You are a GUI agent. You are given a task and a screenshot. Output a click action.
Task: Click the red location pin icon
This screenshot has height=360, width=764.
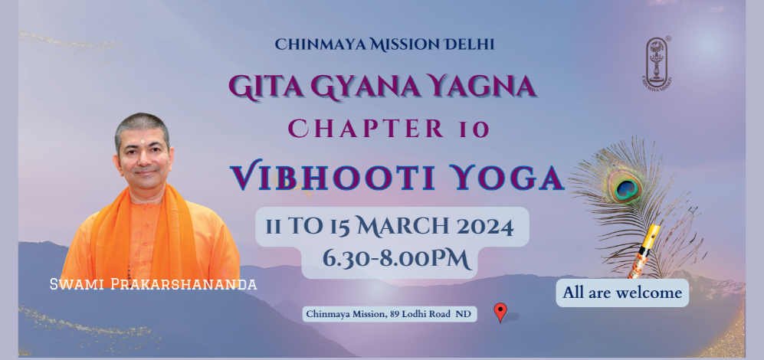500,312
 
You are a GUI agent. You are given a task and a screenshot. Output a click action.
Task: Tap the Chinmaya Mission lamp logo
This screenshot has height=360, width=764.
657,62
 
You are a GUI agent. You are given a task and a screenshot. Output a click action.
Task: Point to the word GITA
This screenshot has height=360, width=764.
266,87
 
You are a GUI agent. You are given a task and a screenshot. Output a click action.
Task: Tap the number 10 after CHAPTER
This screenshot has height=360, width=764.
474,129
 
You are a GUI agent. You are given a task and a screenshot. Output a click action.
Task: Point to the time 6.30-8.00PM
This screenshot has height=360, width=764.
397,259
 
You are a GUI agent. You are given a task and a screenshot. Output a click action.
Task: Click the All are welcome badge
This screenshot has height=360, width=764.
622,293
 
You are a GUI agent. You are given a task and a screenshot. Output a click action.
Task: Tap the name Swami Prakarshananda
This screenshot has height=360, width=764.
153,284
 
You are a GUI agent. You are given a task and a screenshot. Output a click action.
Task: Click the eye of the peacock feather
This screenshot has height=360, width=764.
624,187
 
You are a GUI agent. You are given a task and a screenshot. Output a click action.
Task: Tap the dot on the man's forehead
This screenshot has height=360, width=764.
143,141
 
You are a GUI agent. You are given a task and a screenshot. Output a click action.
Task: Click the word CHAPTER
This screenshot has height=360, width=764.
366,129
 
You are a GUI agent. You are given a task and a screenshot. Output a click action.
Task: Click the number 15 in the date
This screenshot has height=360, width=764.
339,227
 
